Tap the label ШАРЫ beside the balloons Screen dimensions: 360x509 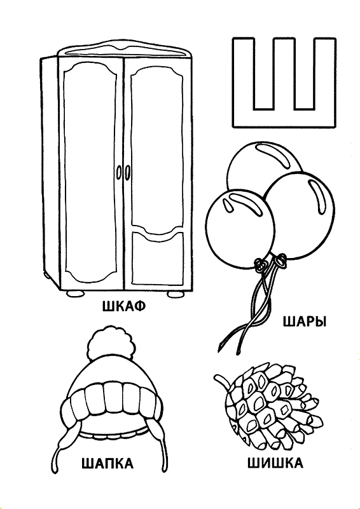[305, 322]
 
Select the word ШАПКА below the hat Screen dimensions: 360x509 [107, 463]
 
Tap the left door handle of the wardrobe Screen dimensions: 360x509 [119, 171]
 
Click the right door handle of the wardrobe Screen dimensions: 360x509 [128, 171]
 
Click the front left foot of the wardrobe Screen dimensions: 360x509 [76, 293]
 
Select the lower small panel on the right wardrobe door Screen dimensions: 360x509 [158, 257]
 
